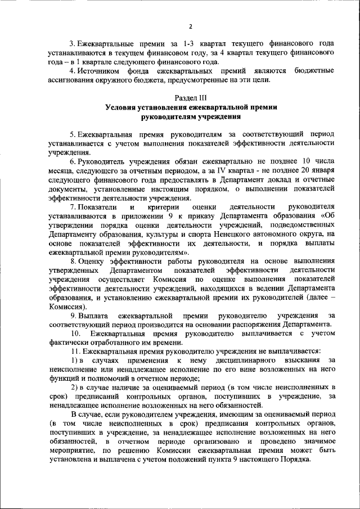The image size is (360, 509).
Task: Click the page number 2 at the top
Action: [190, 26]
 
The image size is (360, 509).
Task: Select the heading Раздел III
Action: [191, 97]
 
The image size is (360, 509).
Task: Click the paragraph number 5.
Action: [72, 135]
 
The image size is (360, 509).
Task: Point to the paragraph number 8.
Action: [72, 261]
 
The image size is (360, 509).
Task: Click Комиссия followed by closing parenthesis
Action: [67, 307]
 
